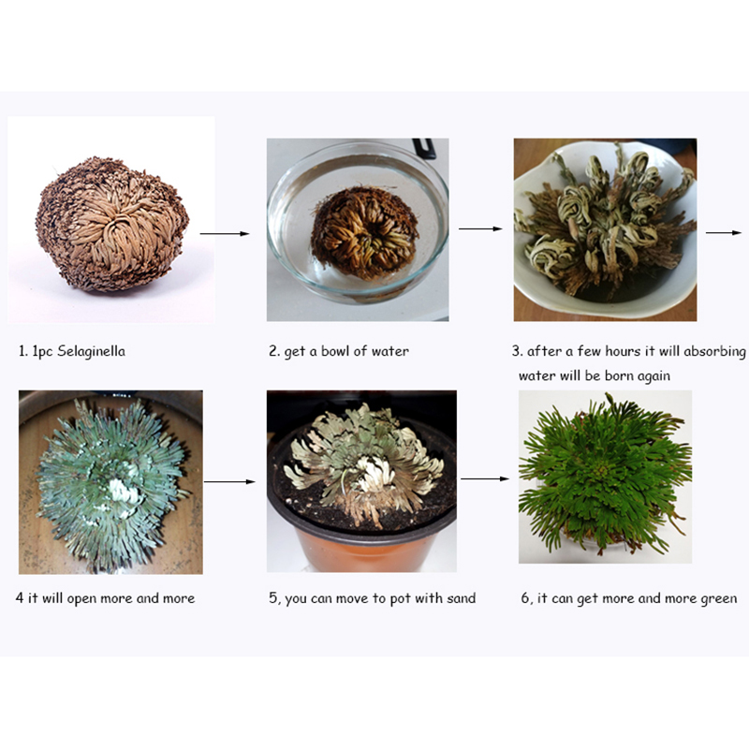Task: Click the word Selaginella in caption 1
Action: (x=91, y=352)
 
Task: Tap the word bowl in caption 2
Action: (x=335, y=351)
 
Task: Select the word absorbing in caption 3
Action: (x=714, y=352)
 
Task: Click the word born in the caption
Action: (x=616, y=375)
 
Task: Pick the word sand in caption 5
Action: (x=461, y=598)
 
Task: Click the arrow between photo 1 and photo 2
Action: (x=225, y=233)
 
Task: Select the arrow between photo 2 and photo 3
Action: (x=480, y=228)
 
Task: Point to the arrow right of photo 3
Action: (x=723, y=232)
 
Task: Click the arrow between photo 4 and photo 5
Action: (x=229, y=482)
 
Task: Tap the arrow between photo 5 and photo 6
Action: (x=485, y=478)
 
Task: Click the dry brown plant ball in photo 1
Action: (x=111, y=224)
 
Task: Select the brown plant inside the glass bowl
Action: (x=365, y=232)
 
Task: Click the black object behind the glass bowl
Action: (x=425, y=148)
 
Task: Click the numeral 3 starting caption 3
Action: (x=516, y=352)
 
